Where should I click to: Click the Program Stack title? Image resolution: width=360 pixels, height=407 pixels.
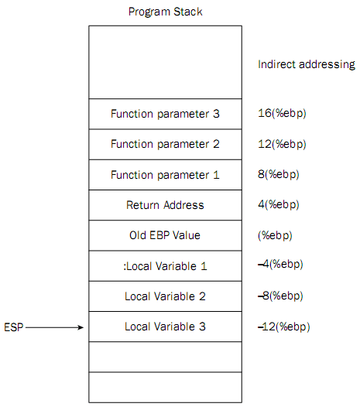coord(165,12)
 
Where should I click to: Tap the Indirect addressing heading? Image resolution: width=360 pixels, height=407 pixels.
coord(307,64)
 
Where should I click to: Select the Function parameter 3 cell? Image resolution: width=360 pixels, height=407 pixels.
coord(165,114)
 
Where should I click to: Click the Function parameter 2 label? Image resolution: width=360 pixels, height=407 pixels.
coord(165,144)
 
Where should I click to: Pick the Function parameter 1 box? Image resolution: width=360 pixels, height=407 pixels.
coord(165,175)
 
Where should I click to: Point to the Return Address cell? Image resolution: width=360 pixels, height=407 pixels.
coord(165,205)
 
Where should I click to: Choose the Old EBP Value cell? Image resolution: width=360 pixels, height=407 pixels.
coord(165,235)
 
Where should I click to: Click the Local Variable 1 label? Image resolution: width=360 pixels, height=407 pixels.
coord(165,266)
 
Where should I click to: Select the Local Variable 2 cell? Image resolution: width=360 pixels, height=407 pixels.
coord(165,296)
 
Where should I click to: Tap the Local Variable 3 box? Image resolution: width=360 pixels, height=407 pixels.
coord(165,327)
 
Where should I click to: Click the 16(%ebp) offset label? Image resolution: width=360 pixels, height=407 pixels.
coord(282,114)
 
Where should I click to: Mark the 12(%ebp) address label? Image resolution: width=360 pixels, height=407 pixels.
coord(282,144)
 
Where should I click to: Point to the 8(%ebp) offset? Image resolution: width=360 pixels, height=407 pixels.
coord(279,174)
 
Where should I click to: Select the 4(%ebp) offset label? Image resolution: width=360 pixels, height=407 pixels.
coord(279,205)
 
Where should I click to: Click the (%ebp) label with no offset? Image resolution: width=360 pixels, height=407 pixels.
coord(275,236)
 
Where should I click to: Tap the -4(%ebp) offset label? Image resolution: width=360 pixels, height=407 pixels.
coord(280,265)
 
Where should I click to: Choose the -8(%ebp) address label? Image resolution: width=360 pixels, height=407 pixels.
coord(280,296)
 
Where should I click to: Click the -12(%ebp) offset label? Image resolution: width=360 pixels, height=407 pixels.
coord(284,327)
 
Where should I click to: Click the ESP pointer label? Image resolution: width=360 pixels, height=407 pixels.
coord(13,327)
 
